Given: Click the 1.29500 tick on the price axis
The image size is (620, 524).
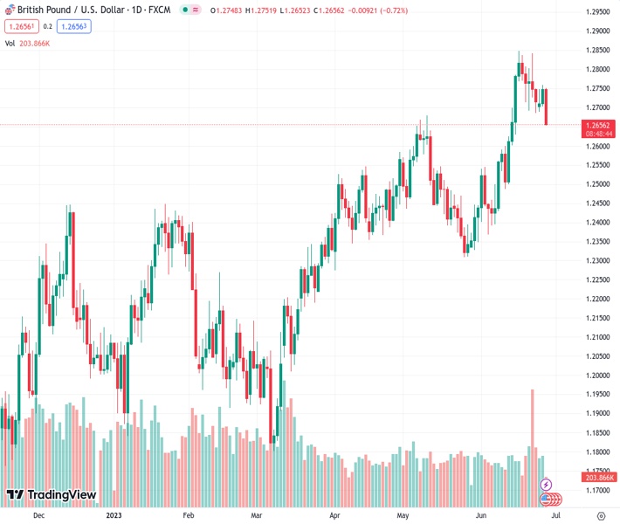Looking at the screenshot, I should point(597,11).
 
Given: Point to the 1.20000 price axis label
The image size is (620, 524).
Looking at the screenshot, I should point(597,376).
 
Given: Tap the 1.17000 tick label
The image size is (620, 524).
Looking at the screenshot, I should point(597,490).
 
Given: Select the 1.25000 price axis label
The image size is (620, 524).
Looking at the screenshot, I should point(597,184).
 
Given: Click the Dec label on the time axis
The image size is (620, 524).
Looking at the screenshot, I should point(38,515).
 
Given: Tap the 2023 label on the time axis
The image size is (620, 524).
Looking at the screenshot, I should point(114,515).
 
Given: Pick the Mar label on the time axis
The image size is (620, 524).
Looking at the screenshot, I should point(256,515).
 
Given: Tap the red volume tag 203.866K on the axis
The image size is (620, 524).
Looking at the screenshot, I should point(597,477).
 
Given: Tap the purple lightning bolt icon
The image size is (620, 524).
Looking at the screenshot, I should point(547,484).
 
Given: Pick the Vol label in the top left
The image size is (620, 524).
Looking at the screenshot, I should point(10,42).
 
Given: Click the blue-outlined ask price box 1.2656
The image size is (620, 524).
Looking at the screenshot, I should point(74,26).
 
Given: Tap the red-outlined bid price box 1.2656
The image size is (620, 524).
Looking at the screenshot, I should point(22,26).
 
